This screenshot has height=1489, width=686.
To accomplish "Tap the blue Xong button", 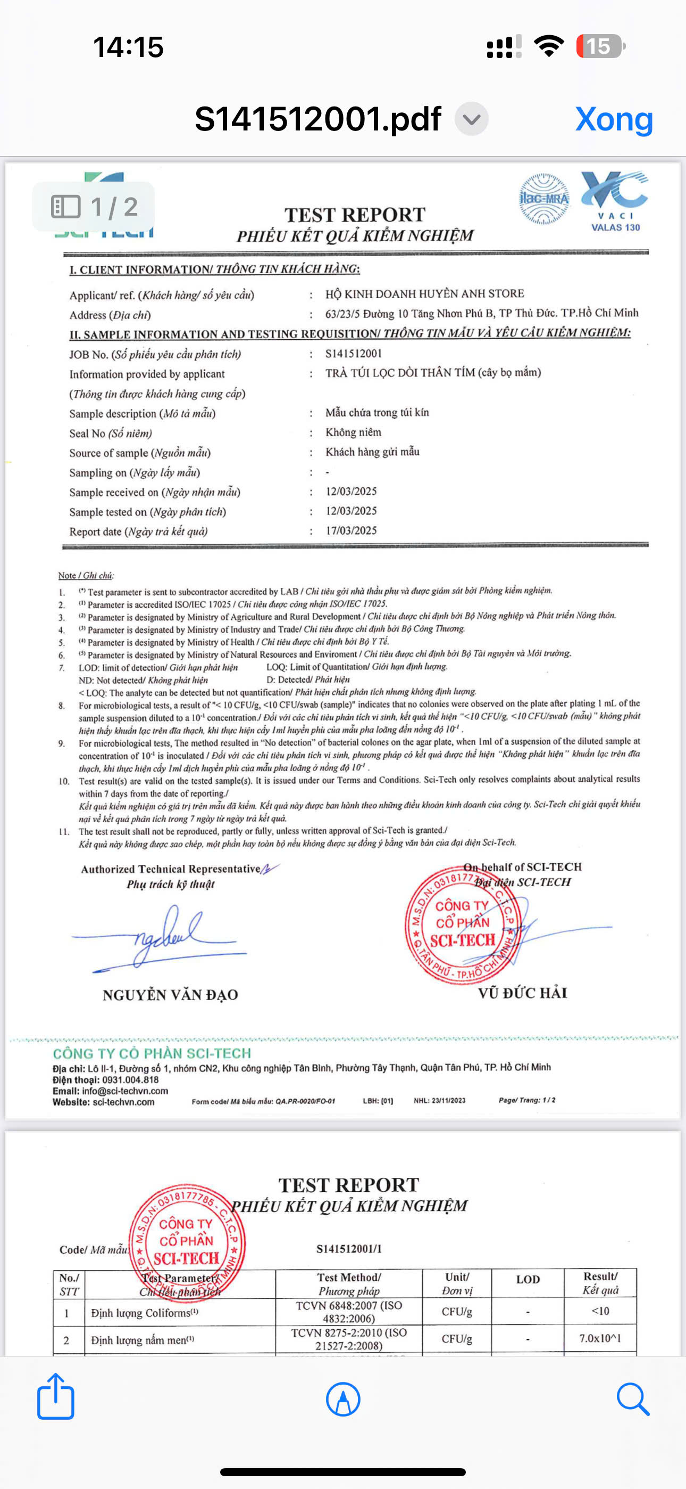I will coord(614,119).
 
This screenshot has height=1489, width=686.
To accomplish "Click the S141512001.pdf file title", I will coord(317,119).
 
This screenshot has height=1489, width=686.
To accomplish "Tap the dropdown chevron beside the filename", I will coord(471,119).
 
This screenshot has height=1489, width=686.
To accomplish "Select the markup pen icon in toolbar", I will coord(343,1399).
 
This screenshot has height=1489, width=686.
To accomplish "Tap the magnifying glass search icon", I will coord(632,1399).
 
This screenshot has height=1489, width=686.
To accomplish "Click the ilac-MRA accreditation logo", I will coord(543,199).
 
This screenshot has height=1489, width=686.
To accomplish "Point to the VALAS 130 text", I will coord(616,228).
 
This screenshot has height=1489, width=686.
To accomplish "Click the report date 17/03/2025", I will coord(351,530).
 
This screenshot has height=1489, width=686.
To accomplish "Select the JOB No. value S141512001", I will coord(354,354).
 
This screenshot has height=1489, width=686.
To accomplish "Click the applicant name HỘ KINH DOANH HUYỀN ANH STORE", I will coord(424,293).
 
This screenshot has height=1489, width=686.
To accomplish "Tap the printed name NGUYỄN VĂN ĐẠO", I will coord(170,995).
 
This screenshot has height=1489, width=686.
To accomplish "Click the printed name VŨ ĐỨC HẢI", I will coord(523,993).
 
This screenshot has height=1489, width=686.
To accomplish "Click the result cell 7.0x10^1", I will coord(600,1339).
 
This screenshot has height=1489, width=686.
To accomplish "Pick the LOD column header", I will coord(528,1280).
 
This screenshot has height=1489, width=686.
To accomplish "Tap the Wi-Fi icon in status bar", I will coord(549,46).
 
